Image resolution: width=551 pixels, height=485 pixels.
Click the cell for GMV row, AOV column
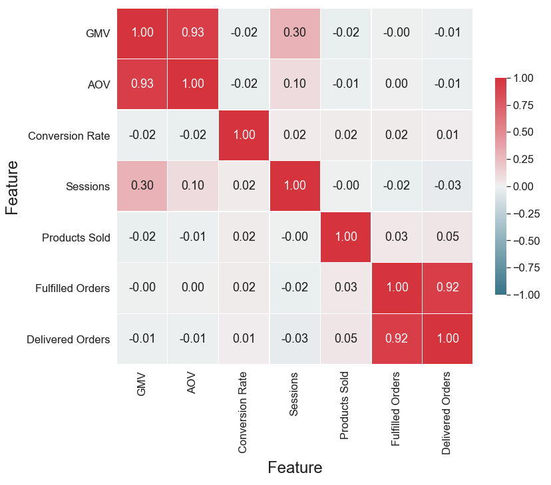click(193, 33)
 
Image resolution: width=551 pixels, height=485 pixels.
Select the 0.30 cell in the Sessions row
click(142, 186)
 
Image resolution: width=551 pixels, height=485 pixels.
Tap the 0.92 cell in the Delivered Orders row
click(397, 339)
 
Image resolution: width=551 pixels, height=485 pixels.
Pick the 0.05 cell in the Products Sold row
click(447, 237)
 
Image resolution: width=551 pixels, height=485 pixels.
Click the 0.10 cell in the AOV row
click(295, 84)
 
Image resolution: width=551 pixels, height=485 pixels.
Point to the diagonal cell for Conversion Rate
click(244, 135)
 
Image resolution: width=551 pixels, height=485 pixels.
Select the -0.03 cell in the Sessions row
click(447, 186)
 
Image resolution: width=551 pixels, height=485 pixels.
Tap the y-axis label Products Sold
click(75, 238)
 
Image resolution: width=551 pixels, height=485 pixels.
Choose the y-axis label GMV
click(97, 34)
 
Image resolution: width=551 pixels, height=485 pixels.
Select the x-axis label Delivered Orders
click(447, 413)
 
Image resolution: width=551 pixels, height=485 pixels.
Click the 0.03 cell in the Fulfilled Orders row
click(345, 288)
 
